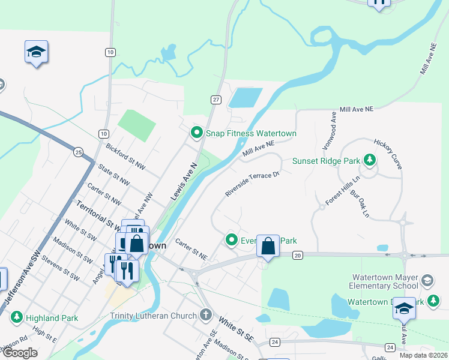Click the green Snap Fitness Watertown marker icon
196,133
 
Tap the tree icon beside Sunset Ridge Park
370,160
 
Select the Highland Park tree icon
16,316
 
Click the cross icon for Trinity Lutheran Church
206,315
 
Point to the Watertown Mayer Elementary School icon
427,280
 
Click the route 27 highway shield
217,100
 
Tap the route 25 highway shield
79,152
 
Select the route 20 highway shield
298,256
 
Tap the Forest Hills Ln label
343,190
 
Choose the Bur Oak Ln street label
360,203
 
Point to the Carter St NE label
191,250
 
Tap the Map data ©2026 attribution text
423,355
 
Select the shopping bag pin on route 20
268,245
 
